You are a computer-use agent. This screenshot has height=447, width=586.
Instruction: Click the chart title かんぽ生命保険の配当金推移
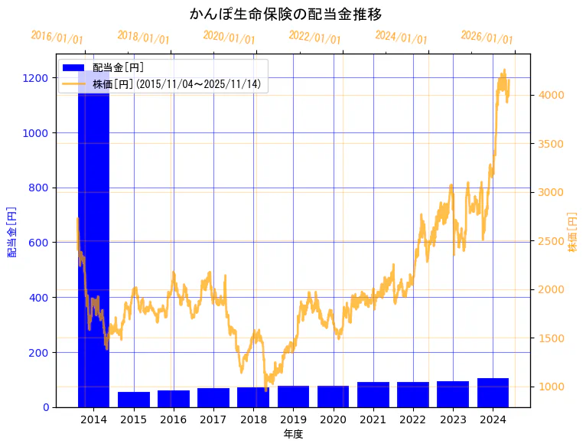point(285,14)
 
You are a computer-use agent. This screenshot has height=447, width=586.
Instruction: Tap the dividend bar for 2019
point(293,396)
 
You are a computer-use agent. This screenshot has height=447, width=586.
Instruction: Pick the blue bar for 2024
point(493,393)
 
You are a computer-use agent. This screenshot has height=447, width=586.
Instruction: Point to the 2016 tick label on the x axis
point(173,419)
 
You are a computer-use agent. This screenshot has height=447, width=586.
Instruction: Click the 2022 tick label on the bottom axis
point(413,419)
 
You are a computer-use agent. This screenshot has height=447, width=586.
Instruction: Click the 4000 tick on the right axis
point(552,95)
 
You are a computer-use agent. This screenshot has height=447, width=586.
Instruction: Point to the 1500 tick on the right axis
point(552,338)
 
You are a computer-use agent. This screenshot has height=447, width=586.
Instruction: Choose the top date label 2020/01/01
point(229,37)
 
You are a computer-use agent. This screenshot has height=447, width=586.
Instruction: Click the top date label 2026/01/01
point(487,37)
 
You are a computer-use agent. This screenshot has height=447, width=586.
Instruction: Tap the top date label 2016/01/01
point(57,37)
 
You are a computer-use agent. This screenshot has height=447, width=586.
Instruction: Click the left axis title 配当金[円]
point(12,231)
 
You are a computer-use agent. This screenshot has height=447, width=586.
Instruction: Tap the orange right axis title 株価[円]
point(572,232)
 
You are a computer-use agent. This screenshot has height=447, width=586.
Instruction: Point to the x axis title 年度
point(293,434)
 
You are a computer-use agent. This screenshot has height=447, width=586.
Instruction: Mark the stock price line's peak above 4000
point(503,70)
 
